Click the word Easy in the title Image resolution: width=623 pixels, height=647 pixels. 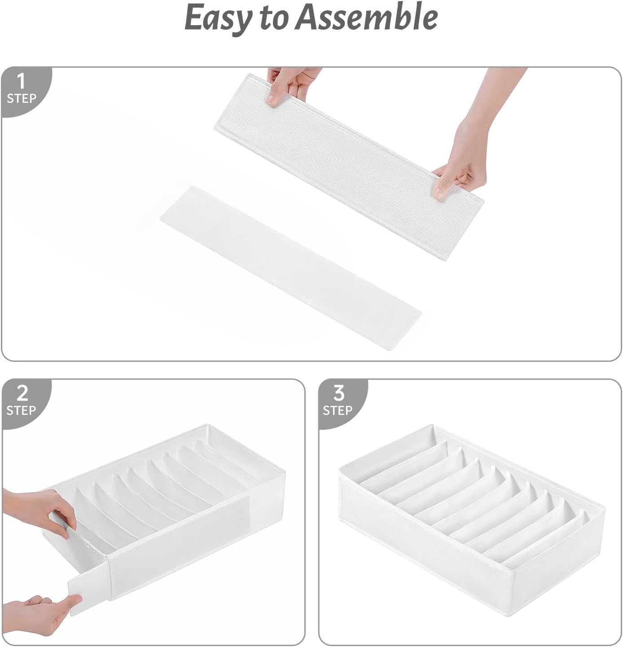click(x=217, y=18)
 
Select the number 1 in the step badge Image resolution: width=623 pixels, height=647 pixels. click(x=21, y=82)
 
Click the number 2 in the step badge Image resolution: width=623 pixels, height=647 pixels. click(x=22, y=393)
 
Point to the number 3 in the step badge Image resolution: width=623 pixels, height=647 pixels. click(x=338, y=393)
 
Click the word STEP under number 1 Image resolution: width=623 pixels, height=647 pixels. click(x=21, y=98)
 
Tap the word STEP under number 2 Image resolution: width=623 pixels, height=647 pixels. click(x=21, y=410)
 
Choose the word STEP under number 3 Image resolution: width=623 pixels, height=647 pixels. click(x=338, y=410)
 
